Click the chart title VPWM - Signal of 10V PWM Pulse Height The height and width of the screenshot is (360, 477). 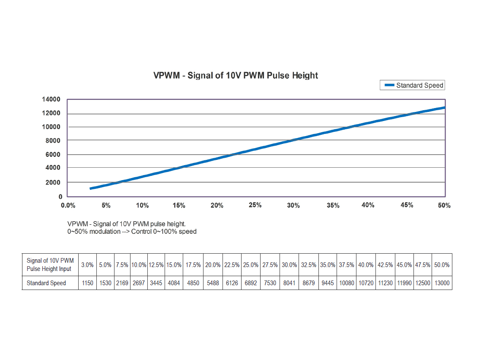pyautogui.click(x=235, y=76)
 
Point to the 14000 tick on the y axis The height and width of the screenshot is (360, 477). pyautogui.click(x=51, y=99)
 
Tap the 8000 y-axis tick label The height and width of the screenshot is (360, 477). pyautogui.click(x=53, y=141)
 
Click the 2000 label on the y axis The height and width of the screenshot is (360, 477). pyautogui.click(x=53, y=182)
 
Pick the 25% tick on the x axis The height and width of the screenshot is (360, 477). pyautogui.click(x=255, y=205)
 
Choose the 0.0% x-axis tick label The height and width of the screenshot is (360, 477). pyautogui.click(x=68, y=205)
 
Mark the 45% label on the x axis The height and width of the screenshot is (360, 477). pyautogui.click(x=407, y=205)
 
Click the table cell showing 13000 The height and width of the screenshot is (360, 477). pyautogui.click(x=442, y=283)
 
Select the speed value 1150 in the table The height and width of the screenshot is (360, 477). pyautogui.click(x=88, y=283)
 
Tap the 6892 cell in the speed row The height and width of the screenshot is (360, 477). pyautogui.click(x=251, y=283)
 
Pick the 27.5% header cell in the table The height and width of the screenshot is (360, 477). pyautogui.click(x=270, y=265)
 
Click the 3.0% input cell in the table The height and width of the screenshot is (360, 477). pyautogui.click(x=88, y=265)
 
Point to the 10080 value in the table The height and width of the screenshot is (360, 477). pyautogui.click(x=347, y=283)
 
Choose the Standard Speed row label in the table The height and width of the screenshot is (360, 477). pyautogui.click(x=46, y=283)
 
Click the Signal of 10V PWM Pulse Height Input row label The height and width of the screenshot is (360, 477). pyautogui.click(x=50, y=265)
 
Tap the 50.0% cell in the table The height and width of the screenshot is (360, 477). pyautogui.click(x=442, y=265)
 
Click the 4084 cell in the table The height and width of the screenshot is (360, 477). pyautogui.click(x=173, y=283)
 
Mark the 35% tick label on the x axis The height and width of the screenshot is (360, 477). pyautogui.click(x=333, y=205)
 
